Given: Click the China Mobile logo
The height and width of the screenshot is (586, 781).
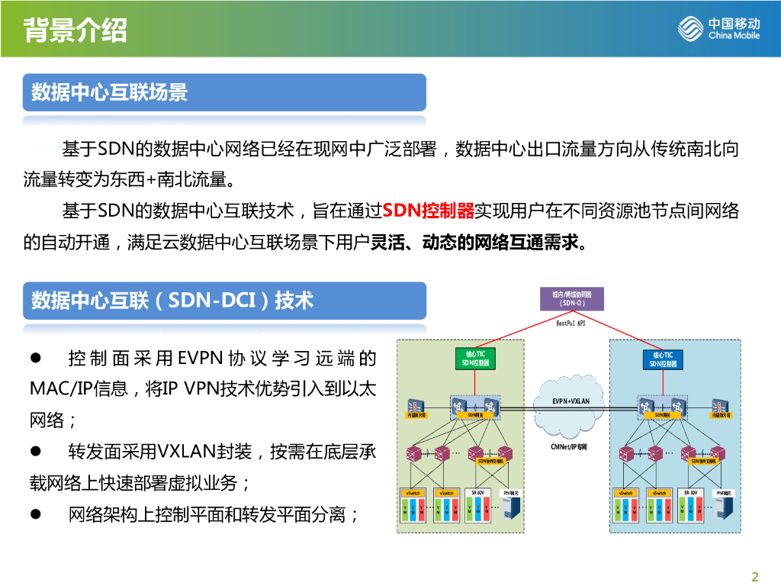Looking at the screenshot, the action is pos(718,30).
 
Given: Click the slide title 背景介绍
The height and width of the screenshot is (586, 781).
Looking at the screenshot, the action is pos(76,31).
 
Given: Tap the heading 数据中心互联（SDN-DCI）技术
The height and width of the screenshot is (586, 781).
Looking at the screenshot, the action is pos(172,301).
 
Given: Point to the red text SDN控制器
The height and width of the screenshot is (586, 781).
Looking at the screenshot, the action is pos(428,211).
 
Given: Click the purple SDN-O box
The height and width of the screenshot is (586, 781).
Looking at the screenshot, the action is pos(571,298).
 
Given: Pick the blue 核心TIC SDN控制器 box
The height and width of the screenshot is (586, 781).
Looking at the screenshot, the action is pos(662,359).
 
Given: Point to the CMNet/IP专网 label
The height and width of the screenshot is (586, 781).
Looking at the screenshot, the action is pos(569,446).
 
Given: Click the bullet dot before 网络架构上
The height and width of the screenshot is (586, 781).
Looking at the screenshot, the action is pos(35,514).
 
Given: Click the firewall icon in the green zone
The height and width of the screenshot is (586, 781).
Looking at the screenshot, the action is pos(416,406).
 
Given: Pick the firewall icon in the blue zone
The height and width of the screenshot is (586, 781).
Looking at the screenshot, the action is pos(720,406).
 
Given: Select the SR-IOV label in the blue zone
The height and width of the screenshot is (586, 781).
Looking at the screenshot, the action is pos(693,493).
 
